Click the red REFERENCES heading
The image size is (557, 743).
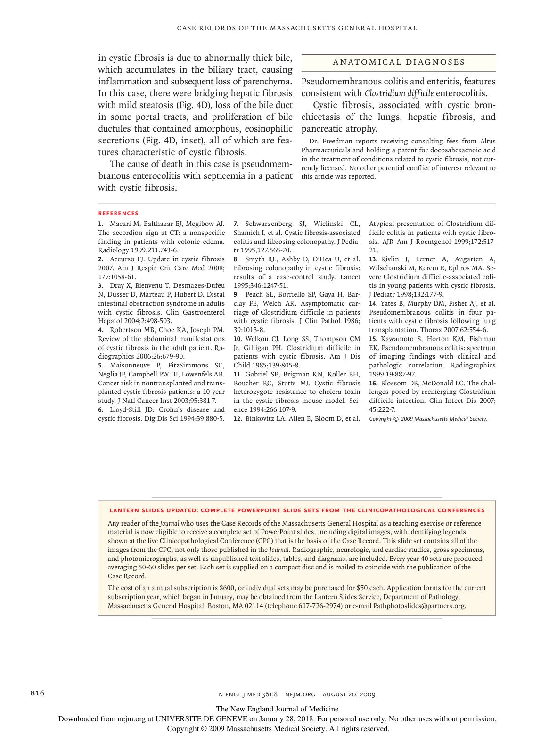pos(118,213)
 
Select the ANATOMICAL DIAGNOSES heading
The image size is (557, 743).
pos(399,62)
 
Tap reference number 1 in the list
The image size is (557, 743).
pos(100,224)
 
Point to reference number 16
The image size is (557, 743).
pos(373,383)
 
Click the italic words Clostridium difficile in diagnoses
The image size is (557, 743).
pos(399,93)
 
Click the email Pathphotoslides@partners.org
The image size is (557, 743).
pos(419,606)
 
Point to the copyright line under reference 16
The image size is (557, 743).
pos(428,419)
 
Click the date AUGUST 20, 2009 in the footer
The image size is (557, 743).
pos(349,694)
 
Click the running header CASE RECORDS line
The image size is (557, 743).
pos(297,28)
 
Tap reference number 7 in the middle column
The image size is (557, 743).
pos(236,224)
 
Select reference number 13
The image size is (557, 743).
pos(373,259)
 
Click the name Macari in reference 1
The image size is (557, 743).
pos(121,224)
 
